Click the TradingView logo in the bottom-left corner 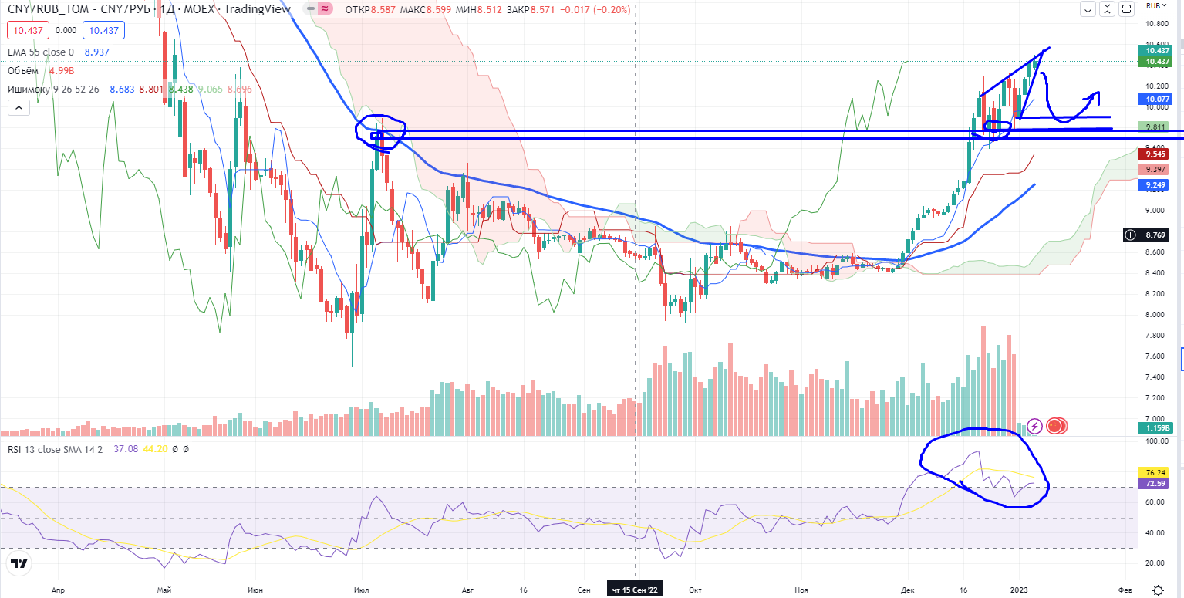point(20,565)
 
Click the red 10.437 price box point(28,31)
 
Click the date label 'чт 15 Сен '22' point(635,590)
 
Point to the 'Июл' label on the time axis point(361,590)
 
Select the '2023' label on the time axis point(1020,590)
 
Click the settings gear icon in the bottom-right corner point(1158,590)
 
